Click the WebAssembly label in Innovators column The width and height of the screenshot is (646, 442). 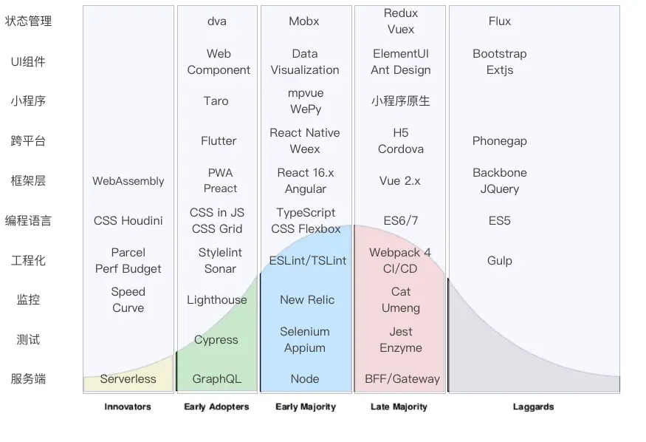point(128,181)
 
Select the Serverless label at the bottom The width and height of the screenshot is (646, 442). point(128,379)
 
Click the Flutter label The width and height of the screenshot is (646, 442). point(219,141)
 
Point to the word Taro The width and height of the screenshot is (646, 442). point(216,101)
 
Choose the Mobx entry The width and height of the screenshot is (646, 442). point(304,21)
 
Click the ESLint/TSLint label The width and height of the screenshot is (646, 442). point(308,261)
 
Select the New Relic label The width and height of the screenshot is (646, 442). point(307,300)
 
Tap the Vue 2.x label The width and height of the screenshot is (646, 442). point(400,181)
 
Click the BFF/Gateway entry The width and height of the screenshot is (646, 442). point(402,379)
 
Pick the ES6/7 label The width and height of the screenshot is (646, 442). point(401,221)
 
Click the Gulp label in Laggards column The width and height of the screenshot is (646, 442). point(500,261)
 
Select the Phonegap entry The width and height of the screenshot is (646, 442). point(500,141)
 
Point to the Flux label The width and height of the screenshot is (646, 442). point(500,21)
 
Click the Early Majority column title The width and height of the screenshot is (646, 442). point(306,407)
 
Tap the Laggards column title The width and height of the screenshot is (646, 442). point(533,407)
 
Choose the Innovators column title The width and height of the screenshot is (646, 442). point(128,407)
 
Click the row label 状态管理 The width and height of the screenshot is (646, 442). point(28,21)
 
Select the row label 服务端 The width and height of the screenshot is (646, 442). point(28,379)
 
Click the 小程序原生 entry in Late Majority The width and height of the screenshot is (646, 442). point(401,101)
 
